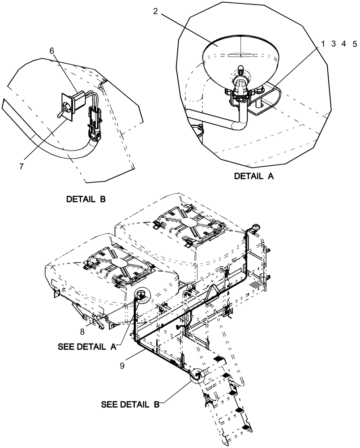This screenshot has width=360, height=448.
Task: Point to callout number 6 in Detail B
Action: pyautogui.click(x=52, y=51)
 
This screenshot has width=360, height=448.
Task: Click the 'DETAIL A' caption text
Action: pyautogui.click(x=253, y=177)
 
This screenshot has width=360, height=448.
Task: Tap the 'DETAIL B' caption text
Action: pyautogui.click(x=86, y=199)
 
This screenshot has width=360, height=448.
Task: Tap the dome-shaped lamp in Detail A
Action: pyautogui.click(x=240, y=54)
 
